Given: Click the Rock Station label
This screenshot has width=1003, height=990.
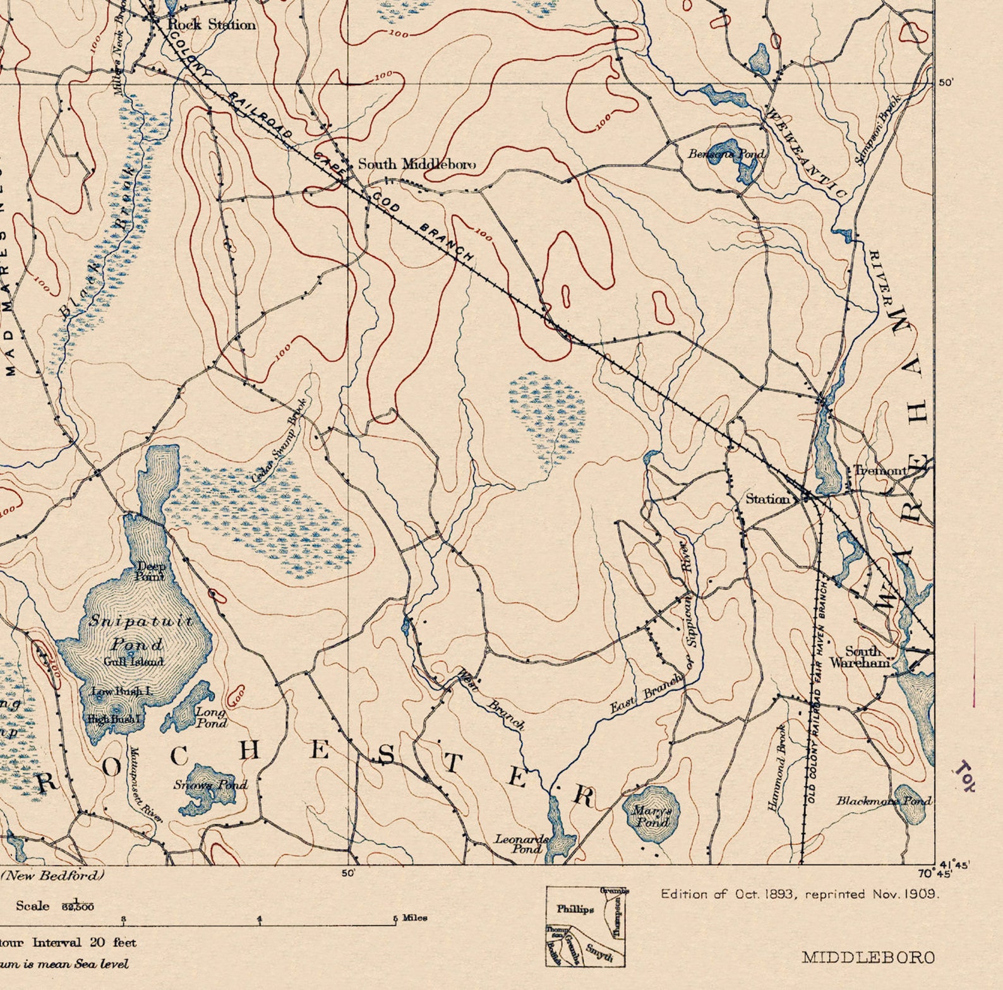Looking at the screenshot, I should (x=212, y=25).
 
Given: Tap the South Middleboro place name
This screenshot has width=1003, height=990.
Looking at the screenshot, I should (x=417, y=164).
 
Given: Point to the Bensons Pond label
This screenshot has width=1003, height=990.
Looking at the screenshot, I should (x=726, y=153).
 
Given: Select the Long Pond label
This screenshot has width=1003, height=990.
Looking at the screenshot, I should (x=210, y=717).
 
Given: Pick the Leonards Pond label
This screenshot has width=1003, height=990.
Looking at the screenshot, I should (x=522, y=844).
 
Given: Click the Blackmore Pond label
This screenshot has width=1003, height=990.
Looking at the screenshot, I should (x=883, y=801).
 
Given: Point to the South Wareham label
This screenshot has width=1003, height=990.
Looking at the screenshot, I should (x=862, y=657).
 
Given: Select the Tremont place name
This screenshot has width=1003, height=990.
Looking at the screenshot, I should (x=880, y=470).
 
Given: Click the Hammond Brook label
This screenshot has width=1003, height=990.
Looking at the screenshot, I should (x=777, y=768).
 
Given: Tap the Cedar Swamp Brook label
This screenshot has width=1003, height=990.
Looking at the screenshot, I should (x=279, y=441).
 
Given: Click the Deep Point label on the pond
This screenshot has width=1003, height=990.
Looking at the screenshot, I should (x=150, y=571).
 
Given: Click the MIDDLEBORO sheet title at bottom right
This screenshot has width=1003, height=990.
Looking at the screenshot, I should (x=868, y=957).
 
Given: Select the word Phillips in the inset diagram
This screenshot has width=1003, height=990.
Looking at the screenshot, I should (x=575, y=909).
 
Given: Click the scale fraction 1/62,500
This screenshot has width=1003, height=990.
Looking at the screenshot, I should (x=78, y=906).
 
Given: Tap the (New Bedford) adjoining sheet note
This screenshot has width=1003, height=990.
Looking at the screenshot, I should (x=52, y=875).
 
